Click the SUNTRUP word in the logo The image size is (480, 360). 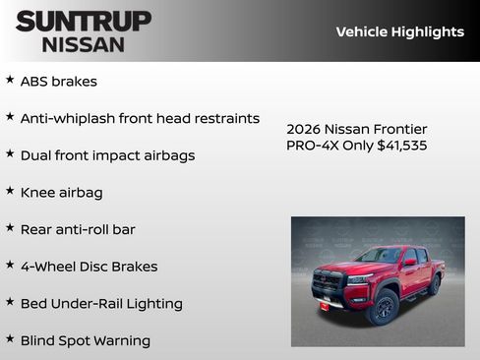click(x=84, y=21)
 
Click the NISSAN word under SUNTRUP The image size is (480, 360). click(x=84, y=43)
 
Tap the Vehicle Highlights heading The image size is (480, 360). click(x=399, y=31)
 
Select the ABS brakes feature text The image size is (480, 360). click(x=59, y=82)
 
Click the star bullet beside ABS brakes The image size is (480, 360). click(x=10, y=80)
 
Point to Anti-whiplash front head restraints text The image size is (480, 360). click(x=140, y=118)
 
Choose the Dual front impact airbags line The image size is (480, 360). click(x=107, y=155)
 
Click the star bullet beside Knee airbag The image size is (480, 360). click(x=10, y=191)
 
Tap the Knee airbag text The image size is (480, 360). click(x=61, y=193)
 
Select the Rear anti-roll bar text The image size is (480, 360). click(x=78, y=229)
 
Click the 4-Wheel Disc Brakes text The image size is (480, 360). click(x=89, y=267)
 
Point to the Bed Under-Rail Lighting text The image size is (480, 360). click(x=101, y=304)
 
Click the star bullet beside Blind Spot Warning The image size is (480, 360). click(x=10, y=338)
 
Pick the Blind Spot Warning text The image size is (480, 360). click(x=86, y=340)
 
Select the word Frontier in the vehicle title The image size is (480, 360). click(x=398, y=129)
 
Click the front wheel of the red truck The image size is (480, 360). click(x=383, y=307)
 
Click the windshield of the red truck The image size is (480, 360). click(x=378, y=256)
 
